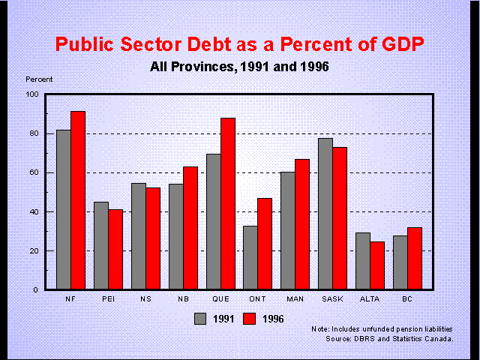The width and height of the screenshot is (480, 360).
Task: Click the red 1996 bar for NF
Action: (x=78, y=200)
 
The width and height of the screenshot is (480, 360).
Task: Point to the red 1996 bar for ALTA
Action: (x=378, y=265)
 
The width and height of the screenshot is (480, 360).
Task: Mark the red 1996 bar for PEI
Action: (x=115, y=249)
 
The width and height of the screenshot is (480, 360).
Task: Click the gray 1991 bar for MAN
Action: (x=289, y=230)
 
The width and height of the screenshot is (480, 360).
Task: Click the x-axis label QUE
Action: (x=221, y=298)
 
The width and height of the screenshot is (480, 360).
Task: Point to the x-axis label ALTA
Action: (x=371, y=298)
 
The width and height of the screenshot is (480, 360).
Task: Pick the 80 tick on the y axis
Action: (x=34, y=133)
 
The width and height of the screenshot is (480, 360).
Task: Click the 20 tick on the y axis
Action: (x=34, y=250)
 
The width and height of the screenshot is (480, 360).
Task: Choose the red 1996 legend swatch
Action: (x=248, y=319)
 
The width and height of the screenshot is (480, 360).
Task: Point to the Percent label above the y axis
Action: (x=39, y=79)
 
